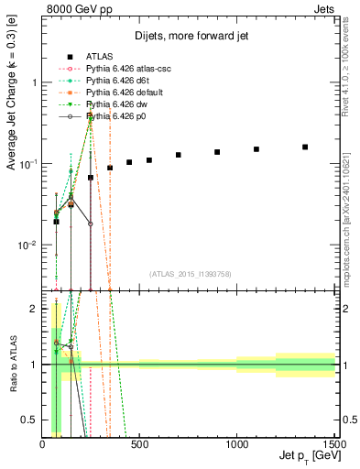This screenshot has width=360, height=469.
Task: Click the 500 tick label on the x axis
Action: coord(139,442)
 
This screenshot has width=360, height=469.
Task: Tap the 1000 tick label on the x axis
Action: coord(237,442)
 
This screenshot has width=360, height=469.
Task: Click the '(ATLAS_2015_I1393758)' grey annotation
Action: coord(190,274)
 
